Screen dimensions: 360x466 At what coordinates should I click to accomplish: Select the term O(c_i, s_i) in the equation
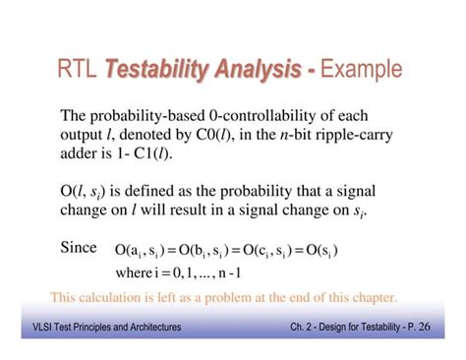(x=264, y=251)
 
